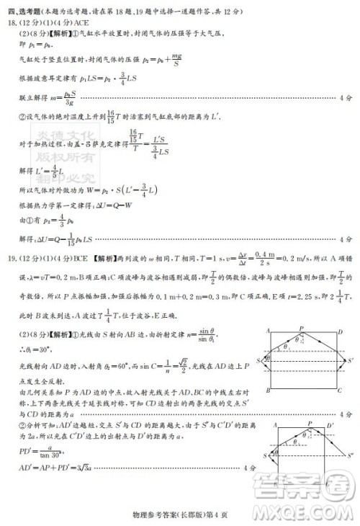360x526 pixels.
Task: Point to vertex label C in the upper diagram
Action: point(339,391)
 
